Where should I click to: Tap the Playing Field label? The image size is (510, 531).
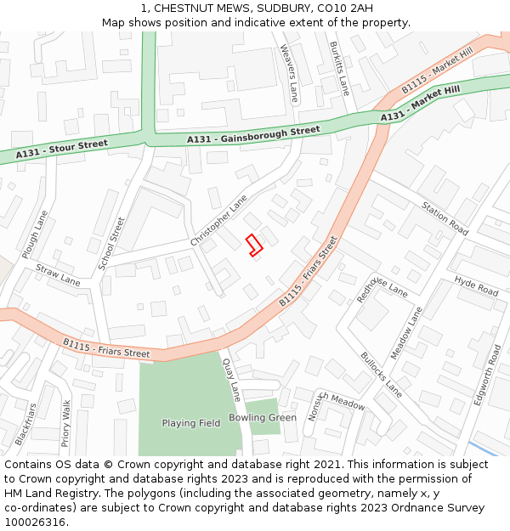pos(191,423)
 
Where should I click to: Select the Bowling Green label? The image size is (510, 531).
pos(263,418)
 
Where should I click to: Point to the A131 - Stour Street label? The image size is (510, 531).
pos(62,150)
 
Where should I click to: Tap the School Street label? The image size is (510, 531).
pos(111,244)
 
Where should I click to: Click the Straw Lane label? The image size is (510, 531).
pos(58,274)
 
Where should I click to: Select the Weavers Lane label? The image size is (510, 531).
pos(290,74)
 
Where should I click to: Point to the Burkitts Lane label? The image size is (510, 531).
pos(339,68)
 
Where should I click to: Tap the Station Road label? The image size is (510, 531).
pos(445,218)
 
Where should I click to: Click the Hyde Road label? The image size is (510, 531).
pos(476,286)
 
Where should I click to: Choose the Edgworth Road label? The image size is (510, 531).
pos(488,375)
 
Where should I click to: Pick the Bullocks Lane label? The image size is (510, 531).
pos(381,375)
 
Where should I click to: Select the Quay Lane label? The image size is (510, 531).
pos(232,379)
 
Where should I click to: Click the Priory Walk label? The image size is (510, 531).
pos(66,423)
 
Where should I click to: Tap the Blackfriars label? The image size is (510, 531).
pos(25,424)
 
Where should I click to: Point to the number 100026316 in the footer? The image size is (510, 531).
pos(37,523)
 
